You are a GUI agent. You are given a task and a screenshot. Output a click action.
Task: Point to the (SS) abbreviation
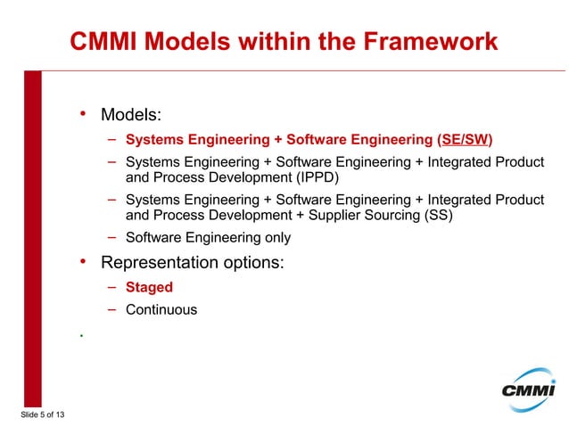click(x=436, y=216)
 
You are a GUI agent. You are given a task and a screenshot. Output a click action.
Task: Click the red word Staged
click(x=149, y=288)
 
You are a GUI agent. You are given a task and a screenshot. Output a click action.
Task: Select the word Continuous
click(x=161, y=310)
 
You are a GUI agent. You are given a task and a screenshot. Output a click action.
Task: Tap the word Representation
click(x=160, y=263)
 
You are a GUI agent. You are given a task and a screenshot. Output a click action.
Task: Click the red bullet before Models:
click(x=82, y=114)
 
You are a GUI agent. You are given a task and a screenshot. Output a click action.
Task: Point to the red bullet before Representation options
click(x=82, y=262)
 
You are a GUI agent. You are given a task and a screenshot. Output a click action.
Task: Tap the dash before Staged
click(x=113, y=287)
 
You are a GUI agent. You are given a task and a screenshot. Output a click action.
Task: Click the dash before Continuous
click(x=113, y=309)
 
